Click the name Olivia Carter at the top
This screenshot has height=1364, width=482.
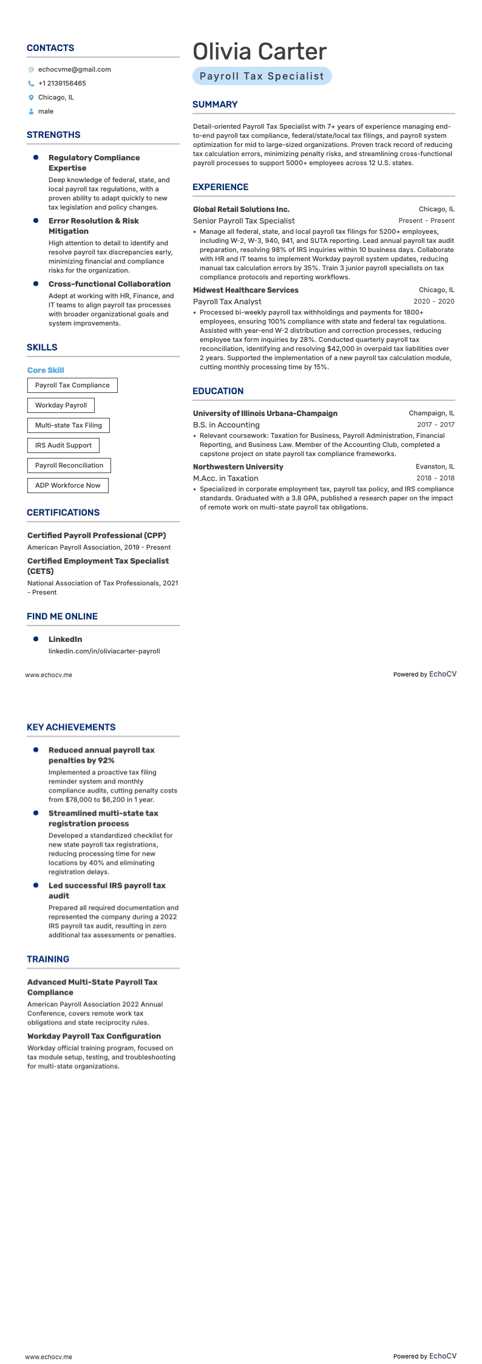point(259,52)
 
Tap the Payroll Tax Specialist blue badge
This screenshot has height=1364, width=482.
point(262,76)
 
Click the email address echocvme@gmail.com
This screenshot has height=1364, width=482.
point(74,69)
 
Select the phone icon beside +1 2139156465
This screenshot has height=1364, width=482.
point(31,84)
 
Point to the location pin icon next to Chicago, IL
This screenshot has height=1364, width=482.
point(31,98)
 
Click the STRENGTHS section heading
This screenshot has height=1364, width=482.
point(53,135)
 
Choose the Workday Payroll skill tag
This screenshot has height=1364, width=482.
point(61,405)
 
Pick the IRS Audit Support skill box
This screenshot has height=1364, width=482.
point(63,445)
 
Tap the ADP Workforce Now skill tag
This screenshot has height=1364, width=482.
point(67,485)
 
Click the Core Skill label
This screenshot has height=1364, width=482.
point(46,370)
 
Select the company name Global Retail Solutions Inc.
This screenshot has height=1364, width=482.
point(241,209)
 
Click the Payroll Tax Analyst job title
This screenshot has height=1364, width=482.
point(227,301)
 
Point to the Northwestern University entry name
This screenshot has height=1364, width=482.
point(238,467)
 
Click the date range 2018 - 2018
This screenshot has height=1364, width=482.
point(435,478)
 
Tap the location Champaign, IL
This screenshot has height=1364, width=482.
point(431,413)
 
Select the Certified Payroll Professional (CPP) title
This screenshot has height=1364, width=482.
point(97,535)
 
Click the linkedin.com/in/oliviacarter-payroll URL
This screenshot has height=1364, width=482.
point(104,651)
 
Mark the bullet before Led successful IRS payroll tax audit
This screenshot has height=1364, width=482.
point(36,885)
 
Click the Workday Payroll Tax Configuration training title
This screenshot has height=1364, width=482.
point(93,1036)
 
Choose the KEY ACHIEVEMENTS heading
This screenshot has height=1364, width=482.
point(71,727)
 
